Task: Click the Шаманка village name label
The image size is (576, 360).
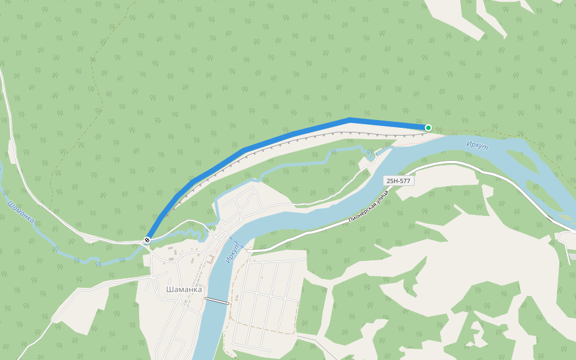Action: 184,289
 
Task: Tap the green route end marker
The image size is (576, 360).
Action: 428,127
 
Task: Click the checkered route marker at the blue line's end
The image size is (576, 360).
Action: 147,241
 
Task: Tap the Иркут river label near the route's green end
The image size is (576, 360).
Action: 478,145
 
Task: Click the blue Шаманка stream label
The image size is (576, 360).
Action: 20,212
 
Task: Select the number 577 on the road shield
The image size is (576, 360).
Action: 406,181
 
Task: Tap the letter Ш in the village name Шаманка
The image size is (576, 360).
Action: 169,289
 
